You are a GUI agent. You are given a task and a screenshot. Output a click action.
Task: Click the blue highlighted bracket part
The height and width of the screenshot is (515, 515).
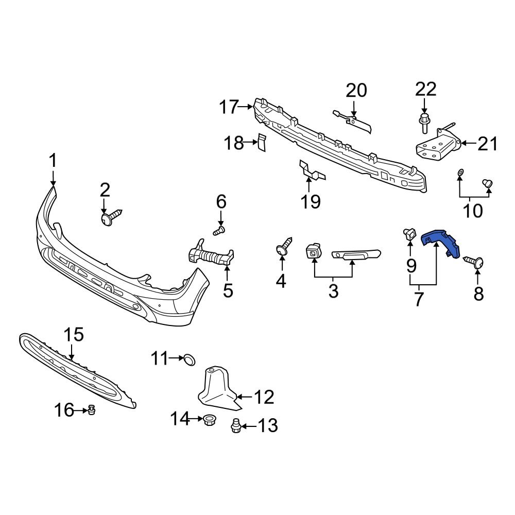pos(441,241)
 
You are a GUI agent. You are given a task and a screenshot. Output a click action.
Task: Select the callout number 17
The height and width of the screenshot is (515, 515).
pos(229,108)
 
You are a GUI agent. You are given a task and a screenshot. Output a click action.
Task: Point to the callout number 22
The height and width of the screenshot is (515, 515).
pos(426,89)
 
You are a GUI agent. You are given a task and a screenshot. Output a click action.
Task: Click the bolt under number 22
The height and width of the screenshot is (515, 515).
pos(424,123)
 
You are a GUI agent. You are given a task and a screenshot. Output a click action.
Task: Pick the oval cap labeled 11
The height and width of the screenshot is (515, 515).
pos(190,359)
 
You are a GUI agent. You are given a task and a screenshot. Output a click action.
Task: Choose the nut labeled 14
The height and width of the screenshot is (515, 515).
pos(209,419)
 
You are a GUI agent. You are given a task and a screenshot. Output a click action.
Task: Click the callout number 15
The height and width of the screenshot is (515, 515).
pos(73,335)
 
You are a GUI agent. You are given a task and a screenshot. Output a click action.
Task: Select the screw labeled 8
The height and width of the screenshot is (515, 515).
pos(476,262)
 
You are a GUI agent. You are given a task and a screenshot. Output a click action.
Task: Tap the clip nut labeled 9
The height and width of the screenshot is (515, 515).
pos(410,234)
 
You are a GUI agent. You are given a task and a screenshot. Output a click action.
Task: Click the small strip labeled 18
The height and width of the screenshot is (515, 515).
pos(261,143)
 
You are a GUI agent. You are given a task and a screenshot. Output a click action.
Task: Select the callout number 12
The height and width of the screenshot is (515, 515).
pos(264,397)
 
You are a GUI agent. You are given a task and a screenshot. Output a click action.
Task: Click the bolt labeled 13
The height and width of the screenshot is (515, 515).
pos(236,426)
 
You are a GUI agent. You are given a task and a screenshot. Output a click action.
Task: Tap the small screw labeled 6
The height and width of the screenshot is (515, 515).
pos(220,230)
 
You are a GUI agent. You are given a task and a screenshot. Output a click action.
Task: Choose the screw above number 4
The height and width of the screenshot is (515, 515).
pos(284,246)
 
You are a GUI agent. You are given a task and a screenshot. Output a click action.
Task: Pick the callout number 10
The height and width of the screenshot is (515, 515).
pos(473,211)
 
